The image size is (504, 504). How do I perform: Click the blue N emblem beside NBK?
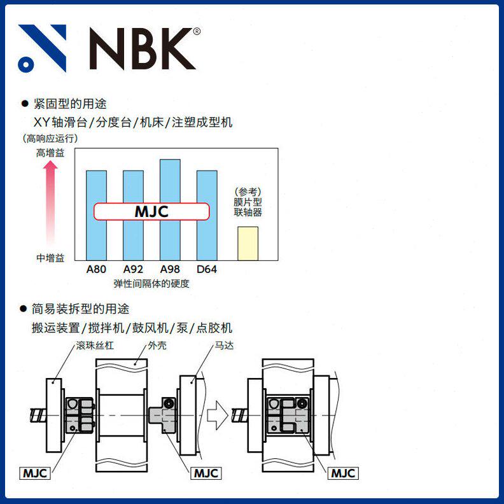click(43, 48)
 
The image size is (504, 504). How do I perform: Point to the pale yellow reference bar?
click(248, 243)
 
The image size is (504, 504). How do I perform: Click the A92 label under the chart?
click(133, 269)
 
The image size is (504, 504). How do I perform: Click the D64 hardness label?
click(207, 269)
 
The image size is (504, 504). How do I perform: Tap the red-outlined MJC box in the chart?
click(151, 212)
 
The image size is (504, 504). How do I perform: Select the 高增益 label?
click(50, 153)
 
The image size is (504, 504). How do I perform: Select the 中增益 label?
click(50, 258)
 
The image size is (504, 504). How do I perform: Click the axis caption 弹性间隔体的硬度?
click(151, 284)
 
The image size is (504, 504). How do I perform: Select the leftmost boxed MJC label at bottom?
click(36, 473)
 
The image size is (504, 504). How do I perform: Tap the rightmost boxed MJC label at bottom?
click(344, 473)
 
